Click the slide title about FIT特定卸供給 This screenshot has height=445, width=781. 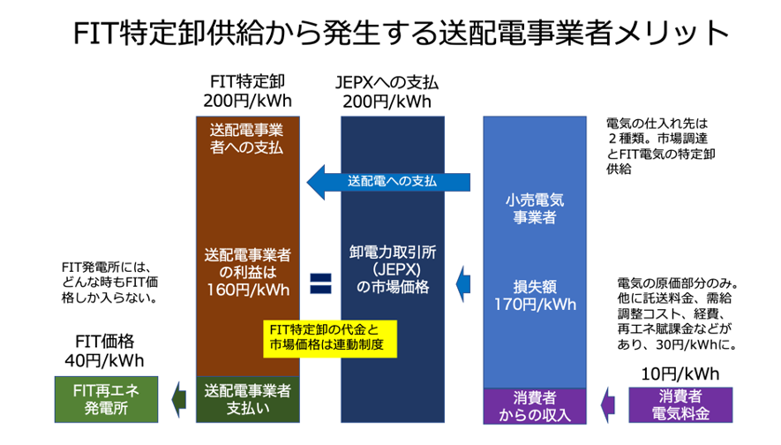[390, 36]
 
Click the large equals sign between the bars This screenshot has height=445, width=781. [320, 283]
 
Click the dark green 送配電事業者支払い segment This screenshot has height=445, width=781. [247, 397]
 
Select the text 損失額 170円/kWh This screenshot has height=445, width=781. [535, 296]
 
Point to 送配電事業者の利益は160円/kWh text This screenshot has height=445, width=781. [247, 271]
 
